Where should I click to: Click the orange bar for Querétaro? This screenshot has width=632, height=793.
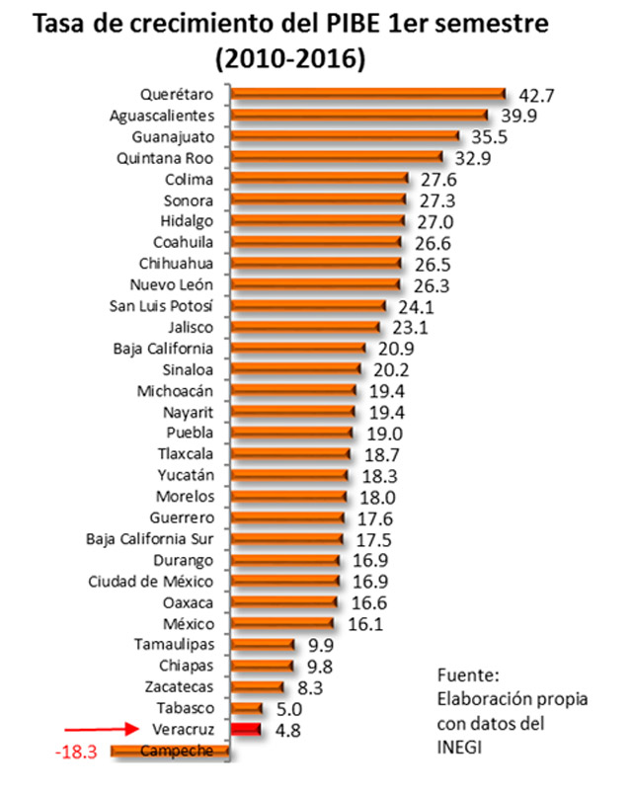pos(367,94)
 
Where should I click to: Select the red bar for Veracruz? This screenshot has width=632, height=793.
pos(245,730)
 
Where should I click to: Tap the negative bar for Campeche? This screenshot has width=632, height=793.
pos(170,752)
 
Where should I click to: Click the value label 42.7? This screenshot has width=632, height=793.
pos(538,95)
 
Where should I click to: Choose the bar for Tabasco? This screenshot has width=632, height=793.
pos(246,708)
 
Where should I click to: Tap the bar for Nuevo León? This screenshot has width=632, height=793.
pos(315,284)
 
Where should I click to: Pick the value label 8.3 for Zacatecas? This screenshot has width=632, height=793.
pos(310,686)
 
